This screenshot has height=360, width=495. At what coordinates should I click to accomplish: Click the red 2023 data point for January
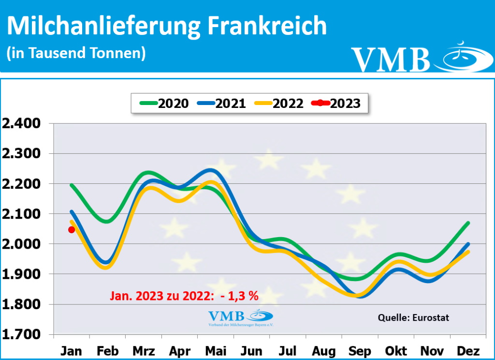point(72,229)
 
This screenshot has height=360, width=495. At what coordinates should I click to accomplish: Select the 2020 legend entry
point(164,103)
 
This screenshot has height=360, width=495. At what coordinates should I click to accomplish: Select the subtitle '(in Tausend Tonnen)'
point(76,53)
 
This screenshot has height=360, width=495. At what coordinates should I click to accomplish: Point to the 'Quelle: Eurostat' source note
point(413,318)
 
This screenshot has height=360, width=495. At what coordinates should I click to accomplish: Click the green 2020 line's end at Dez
point(467,223)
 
